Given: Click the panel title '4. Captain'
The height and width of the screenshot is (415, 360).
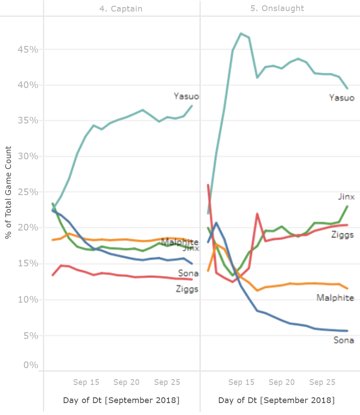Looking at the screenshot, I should [121, 8].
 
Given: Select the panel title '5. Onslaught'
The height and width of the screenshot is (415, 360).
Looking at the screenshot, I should [277, 8].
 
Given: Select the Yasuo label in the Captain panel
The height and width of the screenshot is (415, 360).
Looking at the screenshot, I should [186, 96].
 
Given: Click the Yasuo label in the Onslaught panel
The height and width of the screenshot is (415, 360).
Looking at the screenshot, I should [341, 97].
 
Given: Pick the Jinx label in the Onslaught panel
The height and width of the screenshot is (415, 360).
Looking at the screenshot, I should [346, 197].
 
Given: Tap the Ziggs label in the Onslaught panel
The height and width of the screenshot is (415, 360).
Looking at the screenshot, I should [342, 234].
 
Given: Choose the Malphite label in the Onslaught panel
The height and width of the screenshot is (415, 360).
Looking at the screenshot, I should [335, 298].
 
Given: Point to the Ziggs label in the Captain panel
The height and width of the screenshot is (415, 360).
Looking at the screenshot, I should [187, 289].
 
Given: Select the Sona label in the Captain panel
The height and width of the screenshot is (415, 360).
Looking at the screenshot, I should [188, 273].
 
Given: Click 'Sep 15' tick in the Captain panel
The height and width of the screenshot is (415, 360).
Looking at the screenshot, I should [86, 382].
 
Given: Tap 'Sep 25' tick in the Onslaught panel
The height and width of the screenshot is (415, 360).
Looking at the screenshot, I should [322, 382].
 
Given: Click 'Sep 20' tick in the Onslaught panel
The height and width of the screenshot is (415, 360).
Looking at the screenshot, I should [282, 382].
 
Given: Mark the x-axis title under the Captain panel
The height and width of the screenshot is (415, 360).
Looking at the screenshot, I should [121, 400].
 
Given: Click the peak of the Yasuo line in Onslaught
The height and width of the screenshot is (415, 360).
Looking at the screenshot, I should [241, 33].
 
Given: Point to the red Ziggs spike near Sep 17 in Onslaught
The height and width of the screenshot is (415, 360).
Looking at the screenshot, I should [257, 214].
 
